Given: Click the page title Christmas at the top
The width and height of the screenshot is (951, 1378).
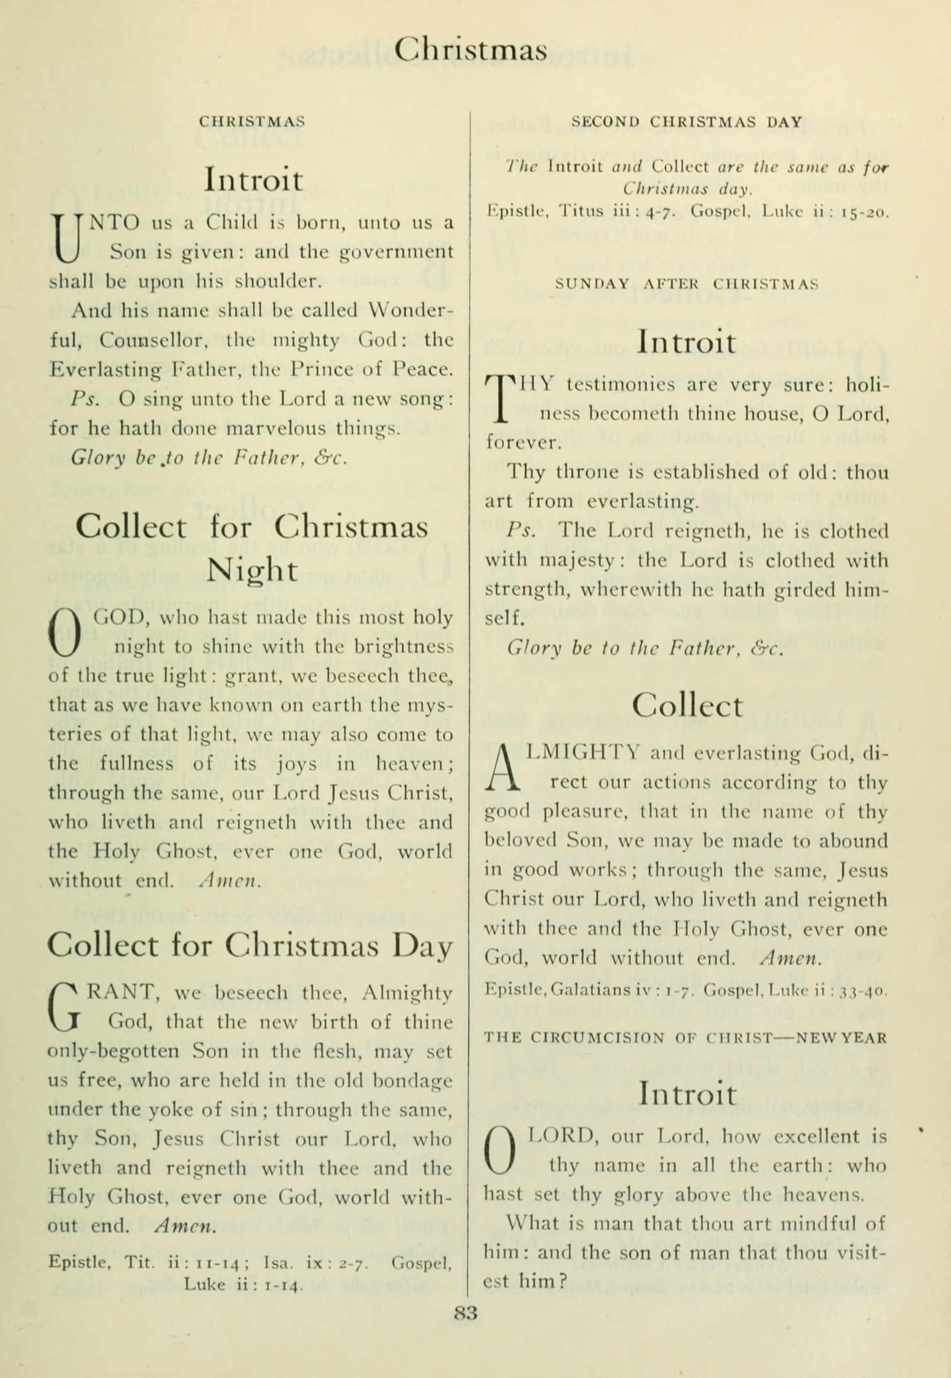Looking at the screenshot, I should click(x=470, y=50).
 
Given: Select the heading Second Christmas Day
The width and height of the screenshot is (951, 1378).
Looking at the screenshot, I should click(x=686, y=122).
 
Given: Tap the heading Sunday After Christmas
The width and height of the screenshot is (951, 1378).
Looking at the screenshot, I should click(x=686, y=284).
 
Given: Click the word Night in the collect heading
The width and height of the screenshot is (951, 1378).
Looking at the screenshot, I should click(x=252, y=570).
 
